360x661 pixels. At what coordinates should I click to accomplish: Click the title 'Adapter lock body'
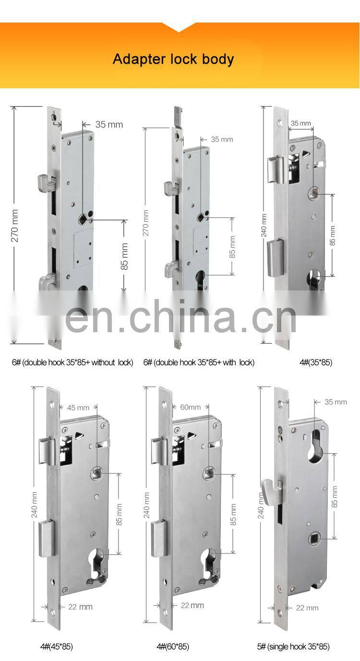(x=173, y=59)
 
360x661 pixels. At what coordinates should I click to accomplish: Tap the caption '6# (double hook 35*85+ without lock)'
(x=72, y=362)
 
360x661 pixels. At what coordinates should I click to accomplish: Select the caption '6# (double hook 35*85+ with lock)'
(x=199, y=362)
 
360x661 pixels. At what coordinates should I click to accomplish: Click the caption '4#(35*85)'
(x=315, y=362)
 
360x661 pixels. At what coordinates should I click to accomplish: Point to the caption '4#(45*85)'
(x=56, y=647)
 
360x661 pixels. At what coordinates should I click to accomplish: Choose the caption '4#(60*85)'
(x=172, y=647)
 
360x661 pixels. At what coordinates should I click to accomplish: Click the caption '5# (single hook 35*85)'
(x=293, y=647)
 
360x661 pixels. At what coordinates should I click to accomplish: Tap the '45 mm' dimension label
(x=78, y=408)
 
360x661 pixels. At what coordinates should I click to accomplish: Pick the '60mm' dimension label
(x=190, y=407)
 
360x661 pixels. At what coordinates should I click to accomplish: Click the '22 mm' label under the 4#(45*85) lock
(x=80, y=607)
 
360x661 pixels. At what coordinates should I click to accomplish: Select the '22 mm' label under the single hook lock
(x=307, y=608)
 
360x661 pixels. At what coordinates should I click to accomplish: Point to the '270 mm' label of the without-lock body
(x=15, y=225)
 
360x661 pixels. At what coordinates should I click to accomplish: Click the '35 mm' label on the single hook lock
(x=336, y=401)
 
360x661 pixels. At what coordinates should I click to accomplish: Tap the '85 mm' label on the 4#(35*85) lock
(x=333, y=235)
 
